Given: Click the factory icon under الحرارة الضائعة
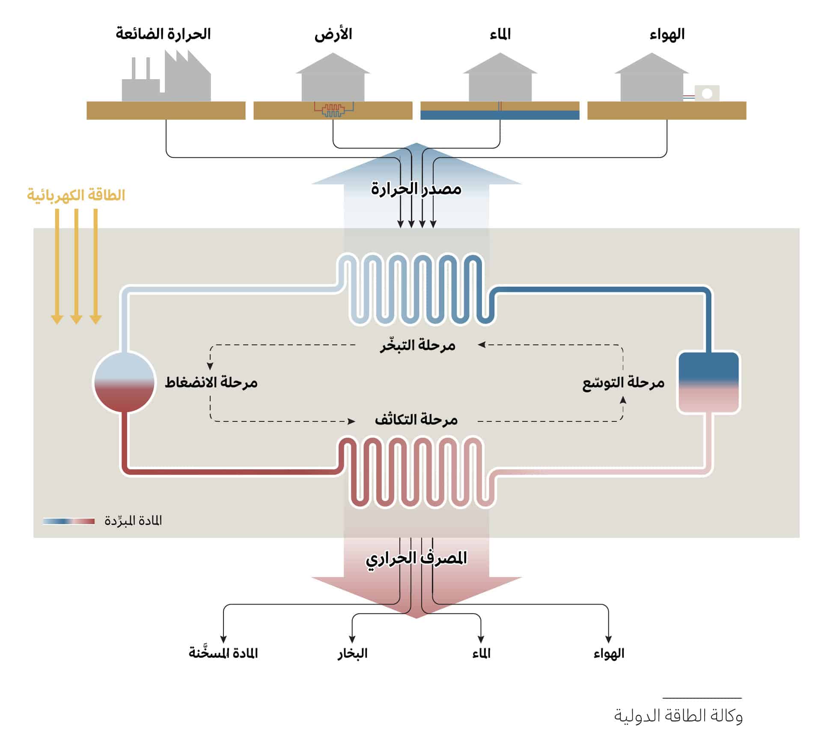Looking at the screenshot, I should pos(167,79).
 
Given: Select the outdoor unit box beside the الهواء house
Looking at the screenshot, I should pos(707,93).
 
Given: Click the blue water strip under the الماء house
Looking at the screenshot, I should pos(500,115).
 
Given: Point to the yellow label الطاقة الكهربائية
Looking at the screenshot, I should pos(76,195).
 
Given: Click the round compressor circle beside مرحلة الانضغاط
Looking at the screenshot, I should pos(124,382).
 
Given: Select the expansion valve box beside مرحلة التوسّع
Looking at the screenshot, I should pos(708,382).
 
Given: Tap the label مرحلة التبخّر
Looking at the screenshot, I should pos(418,345).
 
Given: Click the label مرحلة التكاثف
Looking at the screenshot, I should pos(416,420).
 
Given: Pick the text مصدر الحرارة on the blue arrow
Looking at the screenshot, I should pos(416,189).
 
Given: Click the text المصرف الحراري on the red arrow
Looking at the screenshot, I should pos(416,558).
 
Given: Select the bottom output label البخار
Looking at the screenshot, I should pos(352,653).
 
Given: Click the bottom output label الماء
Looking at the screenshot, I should pos(481,653).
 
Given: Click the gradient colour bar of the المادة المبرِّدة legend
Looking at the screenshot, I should pos(69,521).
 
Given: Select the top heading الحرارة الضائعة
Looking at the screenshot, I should pos(163,34).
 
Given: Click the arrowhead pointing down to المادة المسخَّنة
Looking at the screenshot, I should pos(223,639).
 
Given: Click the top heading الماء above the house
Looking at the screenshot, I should pos(500,34).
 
